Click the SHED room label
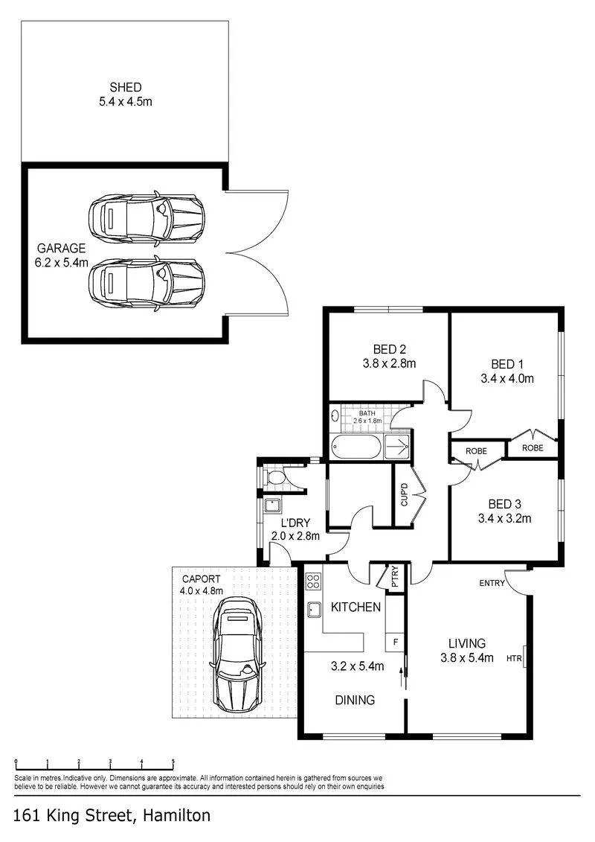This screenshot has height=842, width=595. click(126, 87)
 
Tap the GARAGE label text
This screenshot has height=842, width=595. click(61, 248)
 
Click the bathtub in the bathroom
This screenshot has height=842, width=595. click(356, 446)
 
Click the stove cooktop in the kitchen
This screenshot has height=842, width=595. click(313, 581)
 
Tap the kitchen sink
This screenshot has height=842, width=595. click(314, 610)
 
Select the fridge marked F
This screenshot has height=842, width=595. click(396, 642)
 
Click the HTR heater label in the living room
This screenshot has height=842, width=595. click(513, 658)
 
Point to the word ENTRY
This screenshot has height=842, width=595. click(492, 583)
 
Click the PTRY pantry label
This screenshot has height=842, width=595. click(396, 576)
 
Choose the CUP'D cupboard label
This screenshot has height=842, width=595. click(405, 494)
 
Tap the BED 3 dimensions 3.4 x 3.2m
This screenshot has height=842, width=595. click(504, 519)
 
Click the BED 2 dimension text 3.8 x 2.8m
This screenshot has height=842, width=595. click(389, 363)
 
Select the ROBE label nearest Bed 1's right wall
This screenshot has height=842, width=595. click(533, 448)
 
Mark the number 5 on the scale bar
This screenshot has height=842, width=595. click(173, 762)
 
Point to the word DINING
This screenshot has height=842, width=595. click(355, 701)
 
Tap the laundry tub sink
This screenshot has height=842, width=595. click(272, 505)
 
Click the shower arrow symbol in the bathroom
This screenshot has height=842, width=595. click(398, 447)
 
